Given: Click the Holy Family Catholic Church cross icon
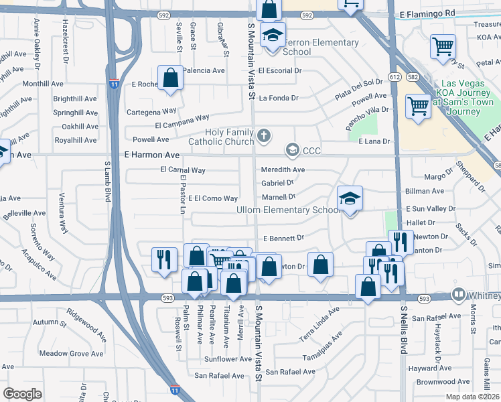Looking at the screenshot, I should (x=264, y=137).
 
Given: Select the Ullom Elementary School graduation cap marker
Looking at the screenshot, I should (x=349, y=199).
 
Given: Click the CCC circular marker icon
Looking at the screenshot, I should (x=292, y=150).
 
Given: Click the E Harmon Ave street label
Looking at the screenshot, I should (x=152, y=155).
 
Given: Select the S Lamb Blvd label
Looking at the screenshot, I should (x=106, y=181).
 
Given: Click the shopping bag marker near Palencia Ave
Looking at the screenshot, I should (x=171, y=78).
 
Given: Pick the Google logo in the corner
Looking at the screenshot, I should (x=22, y=393).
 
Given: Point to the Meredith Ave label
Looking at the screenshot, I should (x=283, y=170).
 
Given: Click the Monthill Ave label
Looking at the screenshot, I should (x=42, y=84).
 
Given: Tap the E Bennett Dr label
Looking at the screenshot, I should (x=283, y=238).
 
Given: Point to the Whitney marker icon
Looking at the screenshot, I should (x=459, y=293).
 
